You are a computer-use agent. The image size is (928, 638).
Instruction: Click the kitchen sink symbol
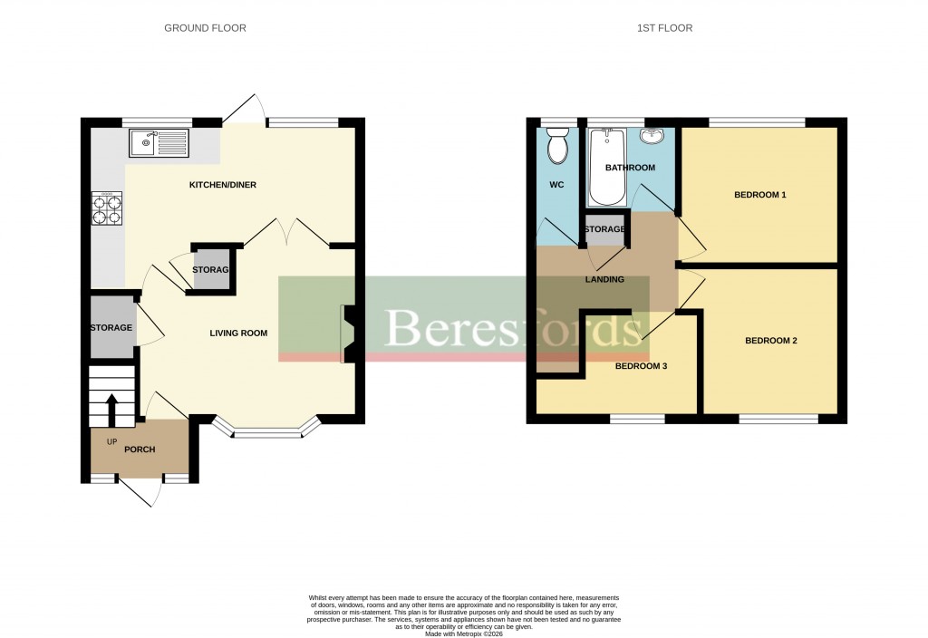159,142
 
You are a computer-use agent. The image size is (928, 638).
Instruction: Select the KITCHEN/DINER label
222,185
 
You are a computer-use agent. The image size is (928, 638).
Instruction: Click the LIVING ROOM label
238,333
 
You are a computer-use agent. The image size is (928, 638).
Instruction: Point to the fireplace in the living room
348,333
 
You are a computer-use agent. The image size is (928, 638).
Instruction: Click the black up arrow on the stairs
111,409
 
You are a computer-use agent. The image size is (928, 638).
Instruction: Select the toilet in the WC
557,145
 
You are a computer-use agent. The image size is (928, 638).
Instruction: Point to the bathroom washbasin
652,136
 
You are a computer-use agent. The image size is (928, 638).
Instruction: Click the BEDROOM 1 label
759,195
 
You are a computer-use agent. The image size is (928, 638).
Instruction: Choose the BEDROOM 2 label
770,341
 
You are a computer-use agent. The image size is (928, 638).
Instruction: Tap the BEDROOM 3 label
642,366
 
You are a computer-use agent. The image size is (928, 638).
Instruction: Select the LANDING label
604,279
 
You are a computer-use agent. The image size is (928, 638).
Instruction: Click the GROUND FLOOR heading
205,28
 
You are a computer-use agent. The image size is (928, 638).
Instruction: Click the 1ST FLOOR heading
664,28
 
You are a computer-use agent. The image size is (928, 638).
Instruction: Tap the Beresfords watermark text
513,327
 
